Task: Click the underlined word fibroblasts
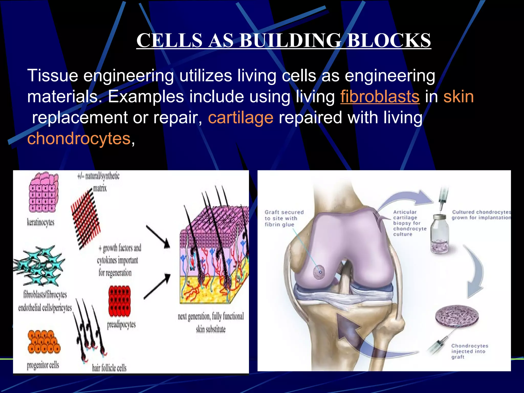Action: tap(380, 97)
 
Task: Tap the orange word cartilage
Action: tap(241, 118)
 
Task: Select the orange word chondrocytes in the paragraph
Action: tap(79, 139)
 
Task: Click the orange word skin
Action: tap(458, 97)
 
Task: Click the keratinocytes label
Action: tap(41, 222)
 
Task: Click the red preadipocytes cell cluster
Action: tap(119, 301)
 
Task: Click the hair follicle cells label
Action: tap(109, 368)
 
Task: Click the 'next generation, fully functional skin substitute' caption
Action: tap(211, 322)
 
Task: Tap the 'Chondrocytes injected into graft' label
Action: tap(469, 351)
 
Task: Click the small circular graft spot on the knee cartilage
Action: tap(319, 272)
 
